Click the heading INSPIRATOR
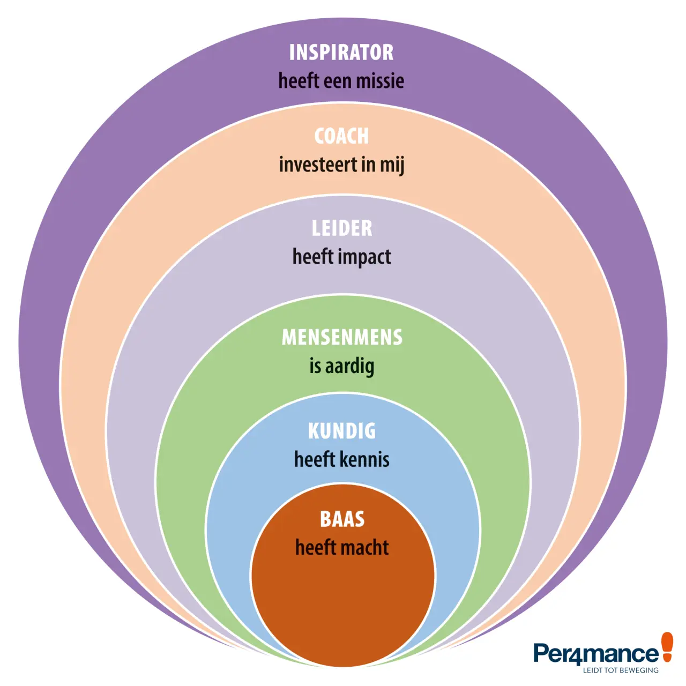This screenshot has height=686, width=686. click(x=341, y=53)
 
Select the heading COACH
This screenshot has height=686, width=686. click(x=341, y=136)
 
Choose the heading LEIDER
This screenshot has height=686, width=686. click(x=342, y=228)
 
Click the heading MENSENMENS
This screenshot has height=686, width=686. click(x=342, y=337)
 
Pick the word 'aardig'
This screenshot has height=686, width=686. click(x=349, y=367)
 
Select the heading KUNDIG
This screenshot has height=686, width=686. click(x=342, y=431)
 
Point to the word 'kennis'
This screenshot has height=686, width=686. click(x=364, y=459)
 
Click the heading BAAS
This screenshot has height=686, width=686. click(x=342, y=519)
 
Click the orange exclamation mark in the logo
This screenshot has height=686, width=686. click(x=666, y=651)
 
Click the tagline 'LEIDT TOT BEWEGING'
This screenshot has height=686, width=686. click(x=621, y=670)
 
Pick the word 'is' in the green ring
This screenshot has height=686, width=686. click(x=315, y=366)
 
